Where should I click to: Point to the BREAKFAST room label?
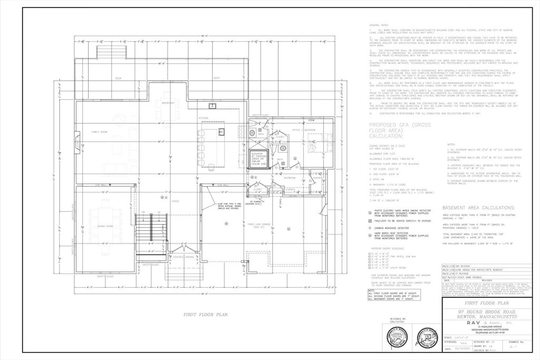point(168,103)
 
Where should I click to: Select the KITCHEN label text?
point(203,118)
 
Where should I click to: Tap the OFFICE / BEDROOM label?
point(303,129)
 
